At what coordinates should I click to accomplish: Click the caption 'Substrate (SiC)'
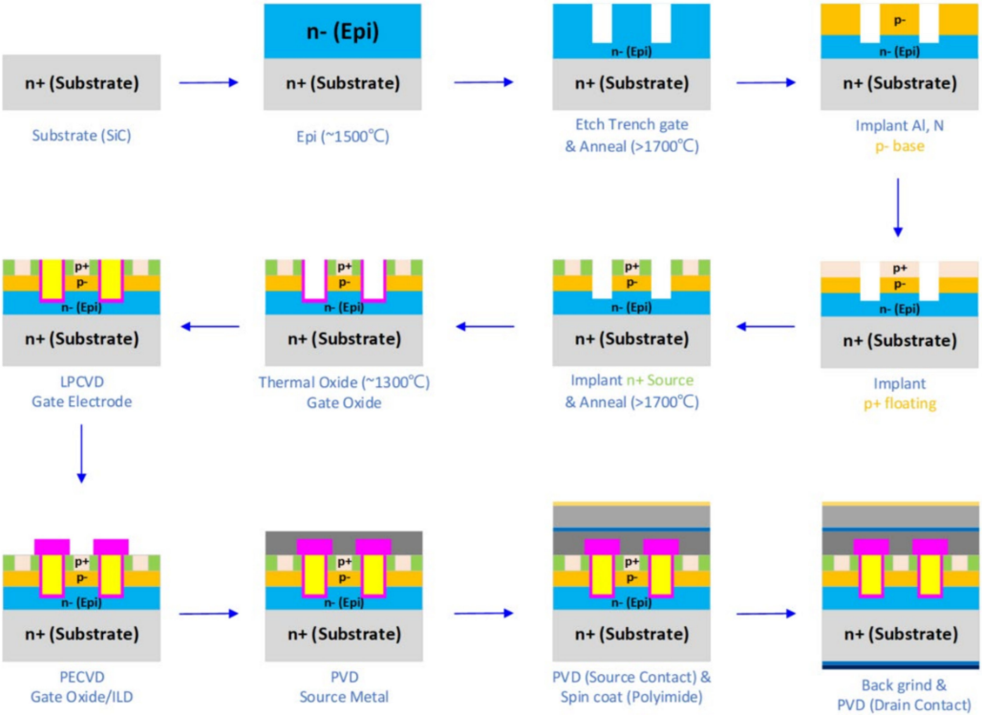point(81,135)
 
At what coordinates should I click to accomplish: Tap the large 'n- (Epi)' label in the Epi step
point(342,32)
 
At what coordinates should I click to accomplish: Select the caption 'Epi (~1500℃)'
point(343,136)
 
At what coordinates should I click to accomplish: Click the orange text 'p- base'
point(898,146)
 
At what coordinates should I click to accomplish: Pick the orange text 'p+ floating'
point(898,403)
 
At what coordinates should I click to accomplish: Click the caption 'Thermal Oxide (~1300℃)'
point(344,381)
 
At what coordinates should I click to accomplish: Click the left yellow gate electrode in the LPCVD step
point(51,279)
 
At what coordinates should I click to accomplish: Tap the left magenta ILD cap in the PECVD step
point(51,546)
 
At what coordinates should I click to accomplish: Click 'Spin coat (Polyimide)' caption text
point(631,697)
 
